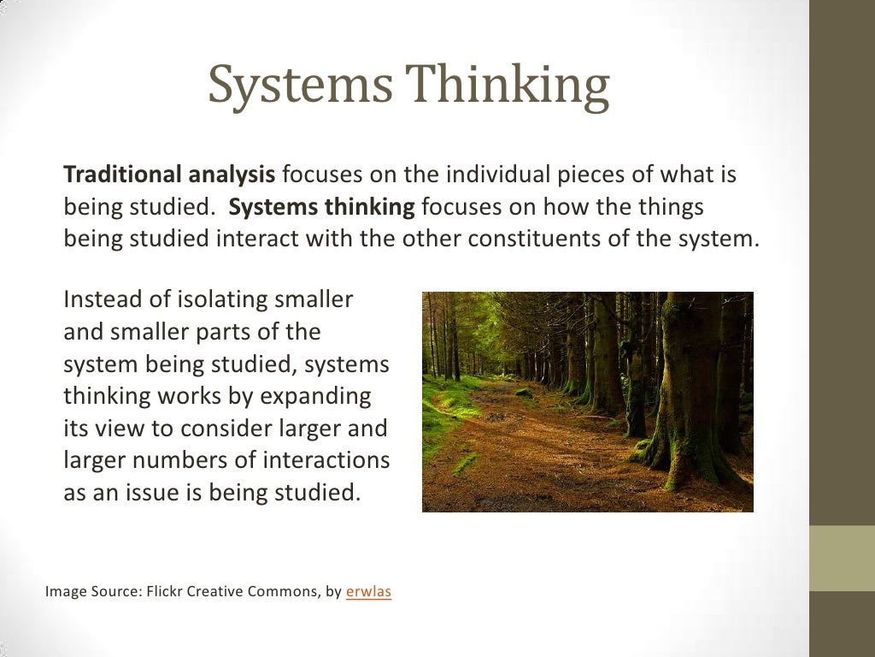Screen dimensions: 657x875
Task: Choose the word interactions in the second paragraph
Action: pos(326,460)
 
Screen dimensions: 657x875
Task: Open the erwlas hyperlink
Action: pos(368,590)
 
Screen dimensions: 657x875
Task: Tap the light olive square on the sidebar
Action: pos(842,558)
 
